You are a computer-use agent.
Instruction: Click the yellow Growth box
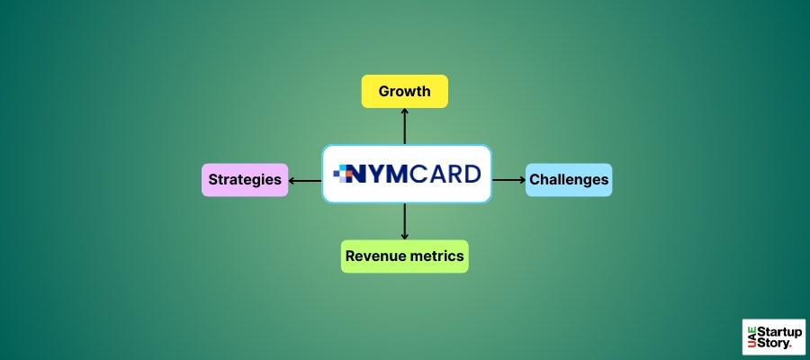[404, 91]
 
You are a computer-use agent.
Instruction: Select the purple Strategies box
[245, 180]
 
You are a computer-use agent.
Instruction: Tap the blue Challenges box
[569, 180]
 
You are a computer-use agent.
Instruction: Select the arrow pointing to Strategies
[306, 180]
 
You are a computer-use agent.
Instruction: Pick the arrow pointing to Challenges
[508, 180]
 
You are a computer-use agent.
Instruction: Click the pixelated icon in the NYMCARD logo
[345, 173]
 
